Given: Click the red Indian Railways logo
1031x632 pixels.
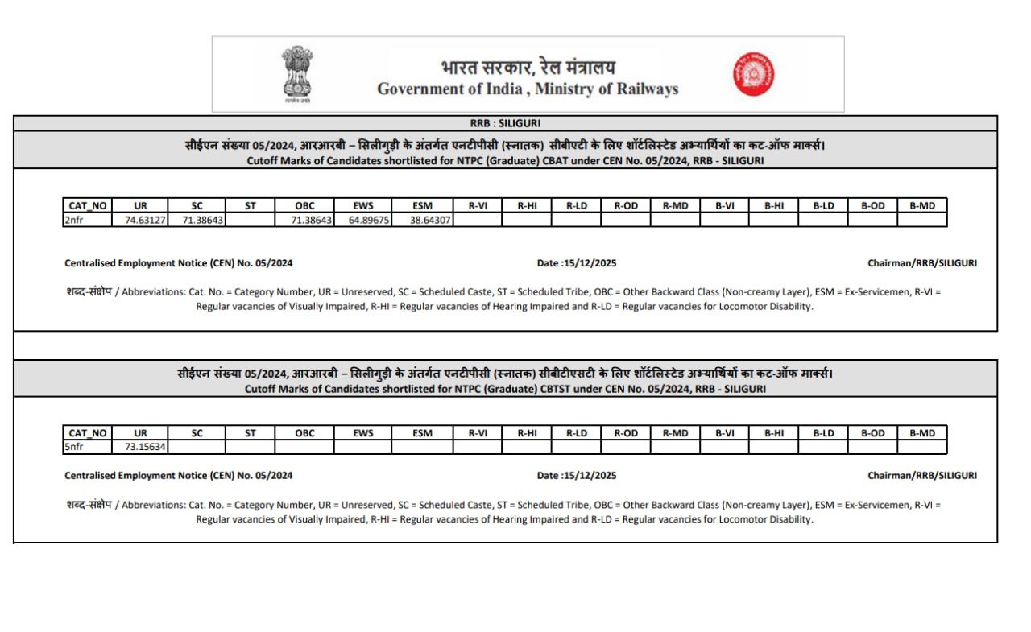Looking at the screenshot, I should (x=754, y=73).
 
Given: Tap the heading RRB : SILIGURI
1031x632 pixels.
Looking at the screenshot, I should (x=505, y=123).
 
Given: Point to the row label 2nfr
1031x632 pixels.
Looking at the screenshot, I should (x=74, y=219).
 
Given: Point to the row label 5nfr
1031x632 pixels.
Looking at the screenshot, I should (x=74, y=447).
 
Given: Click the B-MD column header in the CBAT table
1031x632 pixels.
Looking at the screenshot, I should (x=921, y=205).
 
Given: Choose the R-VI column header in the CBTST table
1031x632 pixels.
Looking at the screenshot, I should (x=478, y=433).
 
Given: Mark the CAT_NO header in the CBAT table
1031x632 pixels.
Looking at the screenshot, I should (x=88, y=205).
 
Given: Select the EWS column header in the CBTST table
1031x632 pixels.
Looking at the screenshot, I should (x=363, y=433).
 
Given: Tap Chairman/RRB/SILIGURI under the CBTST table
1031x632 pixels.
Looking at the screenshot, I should (x=921, y=476).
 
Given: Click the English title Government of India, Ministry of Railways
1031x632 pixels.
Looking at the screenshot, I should (x=528, y=89).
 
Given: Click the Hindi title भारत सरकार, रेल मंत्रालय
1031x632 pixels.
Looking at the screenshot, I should (x=528, y=68).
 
